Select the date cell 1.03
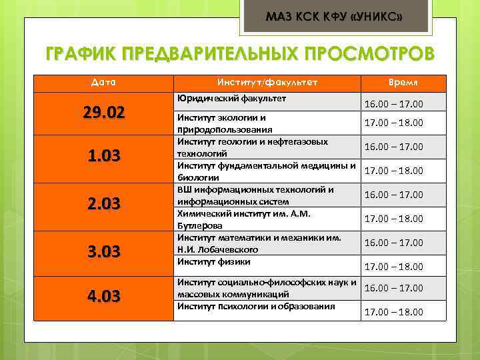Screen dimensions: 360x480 pyautogui.click(x=103, y=157)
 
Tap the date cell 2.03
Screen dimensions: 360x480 pyautogui.click(x=103, y=204)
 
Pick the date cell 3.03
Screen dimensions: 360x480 pyautogui.click(x=103, y=251)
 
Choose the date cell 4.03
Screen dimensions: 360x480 pyautogui.click(x=103, y=296)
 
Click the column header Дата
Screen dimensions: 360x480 pyautogui.click(x=103, y=82)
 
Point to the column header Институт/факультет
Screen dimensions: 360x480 pyautogui.click(x=267, y=82)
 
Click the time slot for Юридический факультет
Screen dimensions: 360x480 pyautogui.click(x=393, y=105)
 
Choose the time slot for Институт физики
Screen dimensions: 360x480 pyautogui.click(x=393, y=267)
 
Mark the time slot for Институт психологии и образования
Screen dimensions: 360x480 pyautogui.click(x=393, y=312)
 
